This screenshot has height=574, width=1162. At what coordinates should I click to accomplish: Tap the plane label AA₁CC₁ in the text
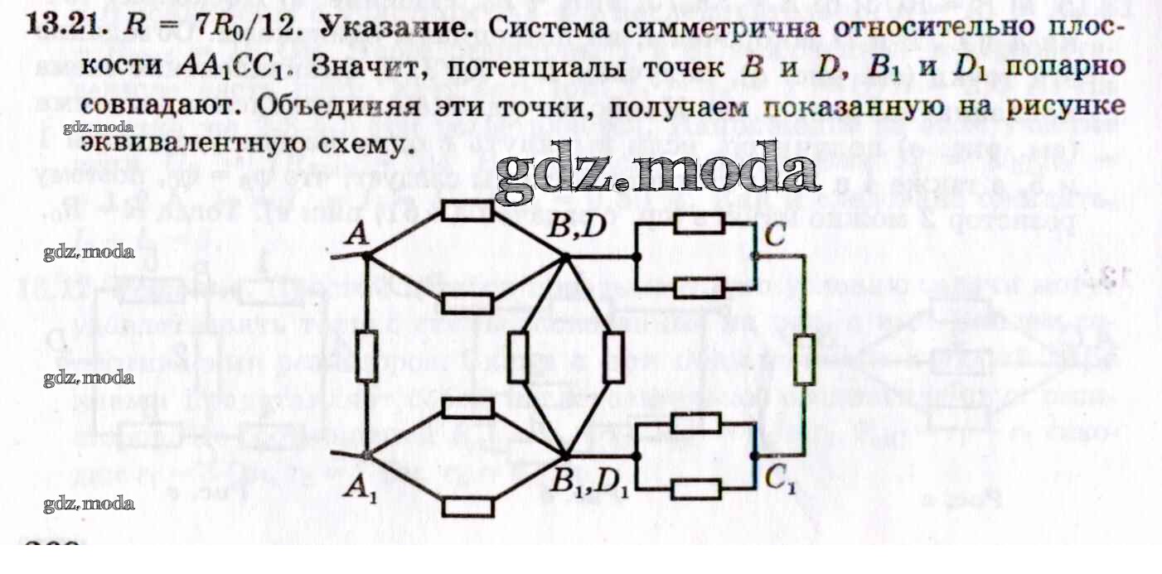click(225, 66)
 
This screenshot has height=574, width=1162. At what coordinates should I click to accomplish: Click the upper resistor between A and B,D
click(467, 210)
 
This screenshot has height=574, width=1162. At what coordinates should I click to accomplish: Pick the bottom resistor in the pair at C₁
click(695, 489)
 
